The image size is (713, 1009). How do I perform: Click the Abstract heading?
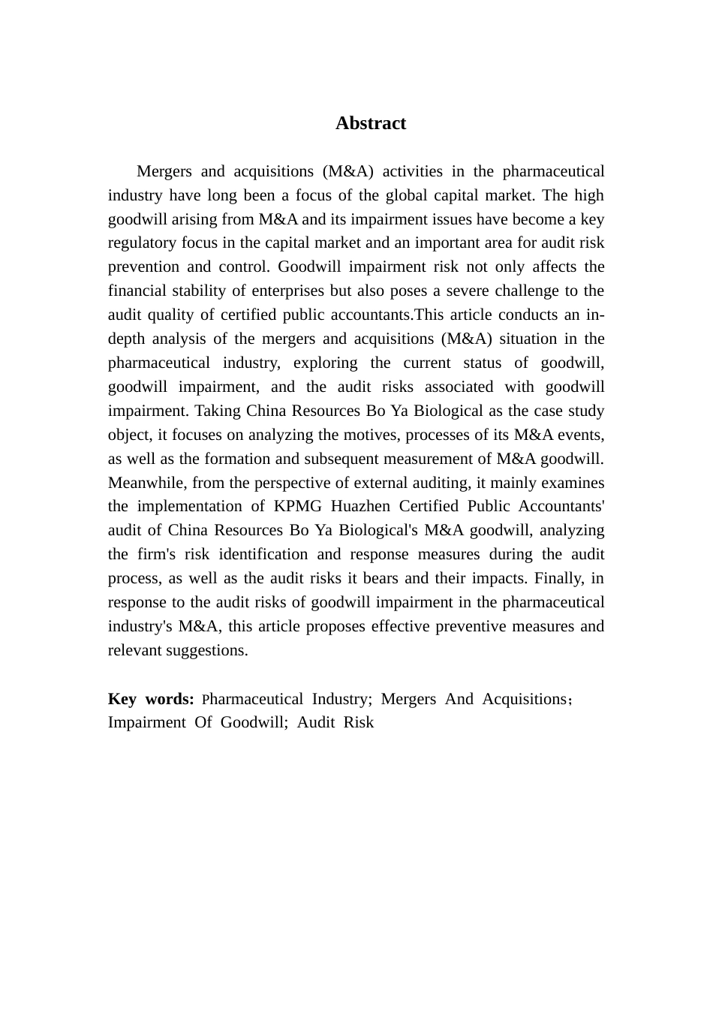point(371,124)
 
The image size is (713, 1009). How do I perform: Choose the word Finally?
point(558,579)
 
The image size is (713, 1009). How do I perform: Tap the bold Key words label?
point(151,700)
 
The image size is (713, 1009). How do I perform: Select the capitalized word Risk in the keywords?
point(359,723)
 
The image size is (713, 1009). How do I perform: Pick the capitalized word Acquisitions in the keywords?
point(525,700)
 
